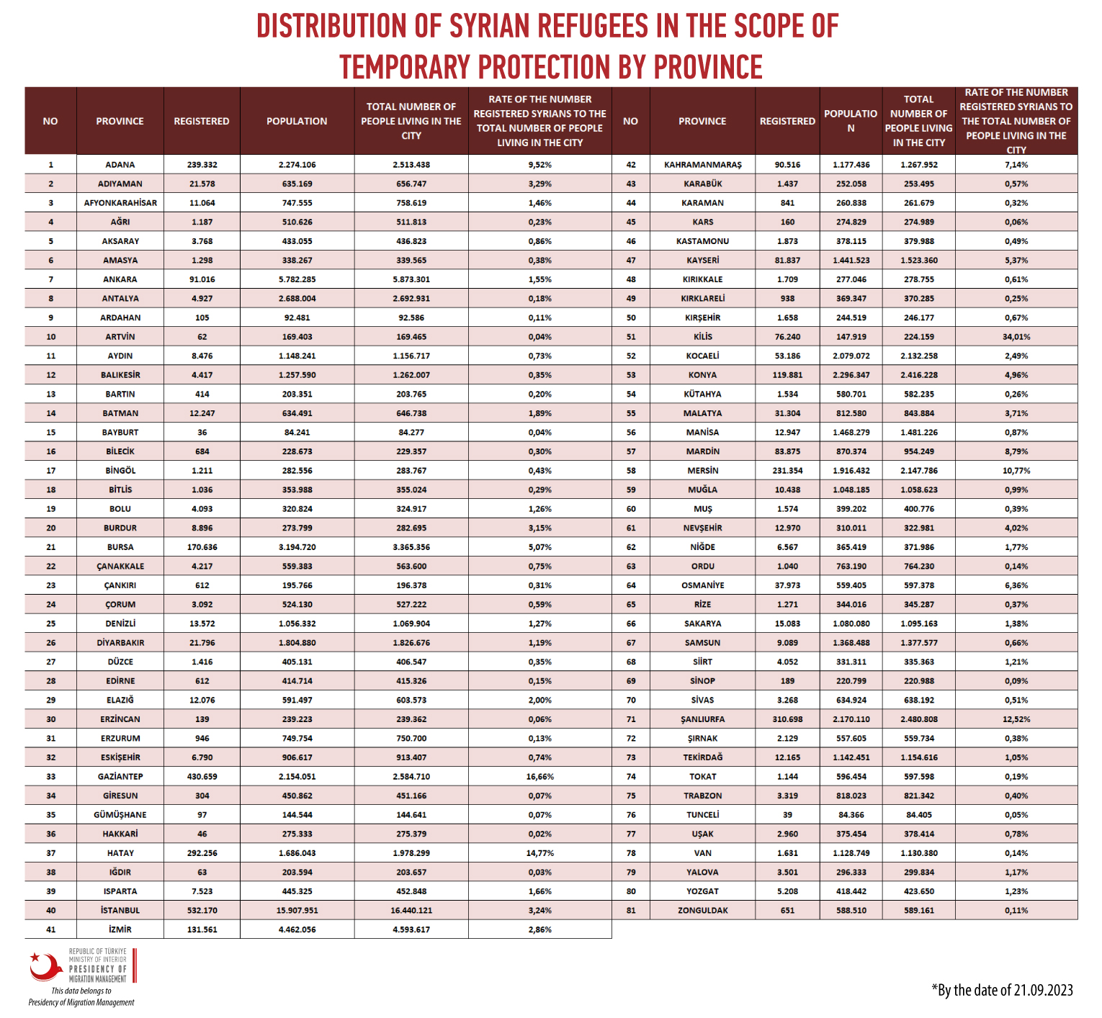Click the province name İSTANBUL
coord(120,910)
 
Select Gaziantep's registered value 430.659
coord(202,776)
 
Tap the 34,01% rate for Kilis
coord(1016,336)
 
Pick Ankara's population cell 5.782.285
coord(297,279)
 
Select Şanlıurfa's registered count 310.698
coord(787,719)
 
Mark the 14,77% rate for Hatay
coord(540,853)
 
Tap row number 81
coord(631,910)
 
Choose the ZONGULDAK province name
coord(702,910)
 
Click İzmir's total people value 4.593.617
coord(411,929)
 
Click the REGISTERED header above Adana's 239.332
coord(202,121)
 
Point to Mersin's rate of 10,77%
coord(1016,470)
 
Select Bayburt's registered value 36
coord(202,432)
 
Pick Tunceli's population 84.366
coord(851,815)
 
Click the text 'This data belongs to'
coord(81,991)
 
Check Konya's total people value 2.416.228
coord(918,375)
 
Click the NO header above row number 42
coord(630,121)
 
